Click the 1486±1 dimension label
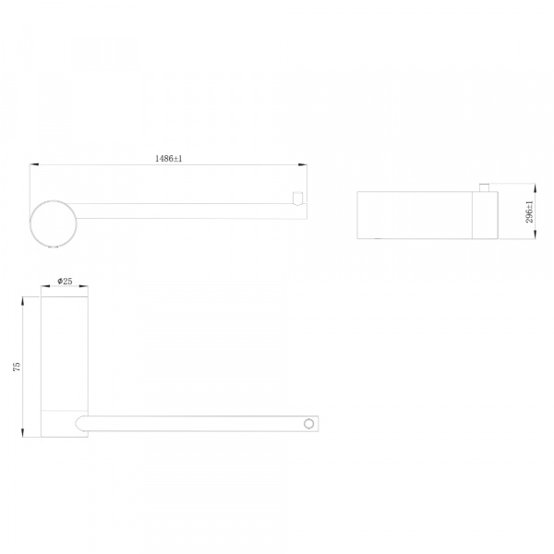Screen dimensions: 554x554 [x=169, y=158]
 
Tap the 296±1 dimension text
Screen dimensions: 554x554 [x=529, y=211]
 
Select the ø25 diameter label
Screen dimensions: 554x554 [x=65, y=281]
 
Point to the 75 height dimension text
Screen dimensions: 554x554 [x=17, y=367]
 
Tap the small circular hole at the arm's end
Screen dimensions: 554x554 [x=308, y=424]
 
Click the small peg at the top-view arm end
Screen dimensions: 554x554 [x=298, y=199]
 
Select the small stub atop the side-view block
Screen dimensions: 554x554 [x=484, y=187]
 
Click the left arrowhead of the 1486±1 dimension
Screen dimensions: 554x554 [x=34, y=164]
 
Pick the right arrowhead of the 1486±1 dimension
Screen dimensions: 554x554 [x=303, y=164]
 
